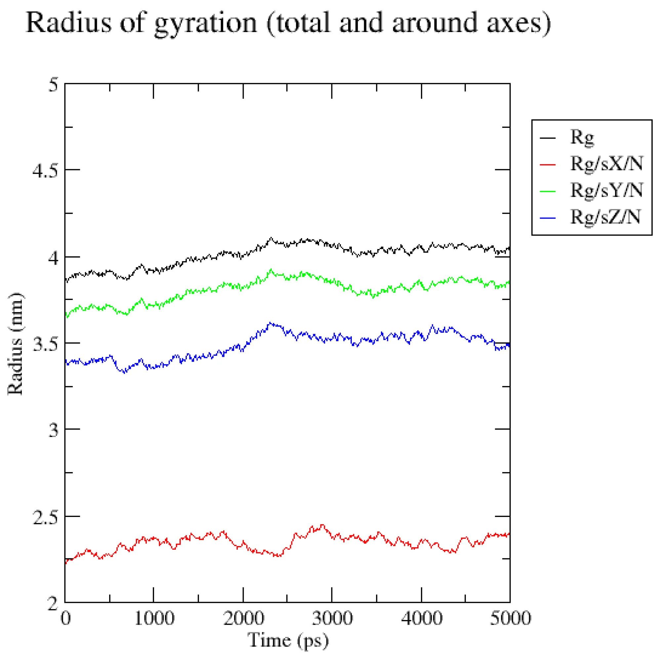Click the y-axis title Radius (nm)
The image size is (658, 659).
[15, 344]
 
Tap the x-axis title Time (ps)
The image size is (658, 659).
[288, 640]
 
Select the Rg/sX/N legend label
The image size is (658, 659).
[606, 164]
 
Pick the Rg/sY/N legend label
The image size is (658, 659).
[606, 190]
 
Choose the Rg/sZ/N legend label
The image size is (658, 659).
[605, 217]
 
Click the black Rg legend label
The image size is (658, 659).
[582, 137]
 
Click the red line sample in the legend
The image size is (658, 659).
[547, 165]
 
